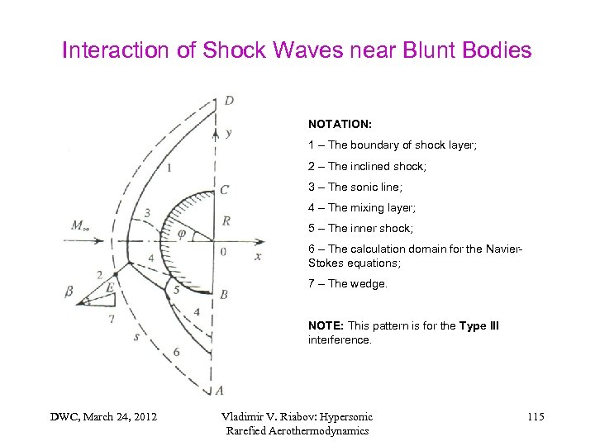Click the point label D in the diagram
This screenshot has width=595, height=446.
(229, 101)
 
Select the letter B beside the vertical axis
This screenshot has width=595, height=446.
(224, 294)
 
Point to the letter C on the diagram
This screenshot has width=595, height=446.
(225, 191)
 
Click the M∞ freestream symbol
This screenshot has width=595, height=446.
(81, 225)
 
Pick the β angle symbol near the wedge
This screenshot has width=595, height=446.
(69, 291)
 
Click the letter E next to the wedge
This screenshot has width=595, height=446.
(110, 288)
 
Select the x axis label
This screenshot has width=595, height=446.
(258, 257)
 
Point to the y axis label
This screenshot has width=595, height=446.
(228, 132)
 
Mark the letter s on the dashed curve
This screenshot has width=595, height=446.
(136, 336)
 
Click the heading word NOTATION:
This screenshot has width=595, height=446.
(340, 124)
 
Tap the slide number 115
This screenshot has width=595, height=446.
(535, 416)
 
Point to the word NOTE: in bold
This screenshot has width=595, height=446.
(326, 325)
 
